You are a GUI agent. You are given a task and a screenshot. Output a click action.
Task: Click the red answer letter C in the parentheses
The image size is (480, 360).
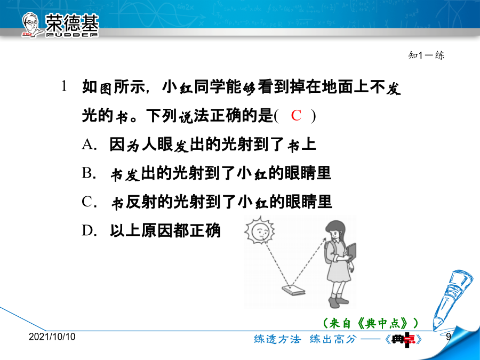[x=296, y=116]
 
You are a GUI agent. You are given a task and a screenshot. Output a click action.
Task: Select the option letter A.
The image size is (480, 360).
[x=87, y=144]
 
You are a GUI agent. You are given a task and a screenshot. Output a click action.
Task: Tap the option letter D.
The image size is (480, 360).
[x=87, y=230]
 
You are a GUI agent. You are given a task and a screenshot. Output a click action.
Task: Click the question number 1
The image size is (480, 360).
[x=64, y=86]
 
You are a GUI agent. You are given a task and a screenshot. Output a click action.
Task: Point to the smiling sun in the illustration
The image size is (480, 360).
[x=260, y=230]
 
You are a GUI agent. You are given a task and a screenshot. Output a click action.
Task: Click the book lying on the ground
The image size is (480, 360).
[x=293, y=290]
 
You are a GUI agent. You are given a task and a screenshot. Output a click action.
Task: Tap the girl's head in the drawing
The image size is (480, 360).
[x=336, y=230]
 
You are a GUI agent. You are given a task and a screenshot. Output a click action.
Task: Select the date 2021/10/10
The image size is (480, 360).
[x=52, y=337]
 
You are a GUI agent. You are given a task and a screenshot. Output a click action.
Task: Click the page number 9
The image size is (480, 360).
[x=448, y=337]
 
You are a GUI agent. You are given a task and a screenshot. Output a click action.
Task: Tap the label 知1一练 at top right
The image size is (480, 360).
[x=426, y=55]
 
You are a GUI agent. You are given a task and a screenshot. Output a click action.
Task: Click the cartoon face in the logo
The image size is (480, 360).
[x=31, y=25]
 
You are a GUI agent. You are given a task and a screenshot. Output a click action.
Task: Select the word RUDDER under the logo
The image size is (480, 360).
[x=72, y=35]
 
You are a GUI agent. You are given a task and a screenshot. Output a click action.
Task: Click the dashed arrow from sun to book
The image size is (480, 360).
[x=277, y=264]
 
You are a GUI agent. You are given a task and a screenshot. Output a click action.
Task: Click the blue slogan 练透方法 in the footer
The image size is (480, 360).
[x=277, y=339]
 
